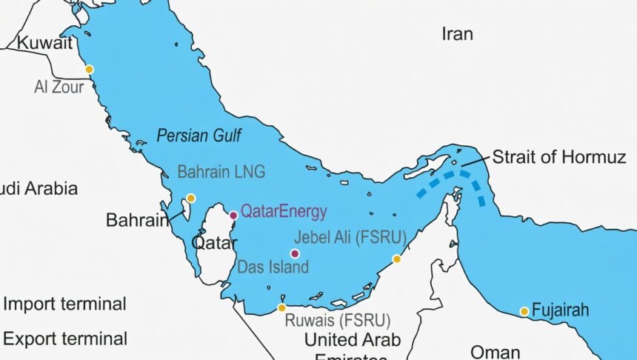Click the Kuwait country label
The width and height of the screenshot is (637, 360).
tap(45, 43)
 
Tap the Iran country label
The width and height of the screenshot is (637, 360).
tap(457, 33)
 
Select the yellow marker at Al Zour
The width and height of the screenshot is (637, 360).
tap(89, 70)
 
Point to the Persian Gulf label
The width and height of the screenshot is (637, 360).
tap(199, 135)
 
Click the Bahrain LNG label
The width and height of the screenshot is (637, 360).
tap(221, 172)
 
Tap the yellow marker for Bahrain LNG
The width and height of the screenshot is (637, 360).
tap(190, 198)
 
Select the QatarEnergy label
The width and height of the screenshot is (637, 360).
tap(284, 212)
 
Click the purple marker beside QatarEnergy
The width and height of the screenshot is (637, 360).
tap(233, 215)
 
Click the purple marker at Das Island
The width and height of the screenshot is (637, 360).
tap(295, 253)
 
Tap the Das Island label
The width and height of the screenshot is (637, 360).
tap(273, 267)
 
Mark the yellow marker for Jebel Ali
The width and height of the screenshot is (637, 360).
tap(397, 259)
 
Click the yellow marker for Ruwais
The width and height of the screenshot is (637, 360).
tap(281, 307)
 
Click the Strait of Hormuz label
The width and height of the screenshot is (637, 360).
tap(559, 157)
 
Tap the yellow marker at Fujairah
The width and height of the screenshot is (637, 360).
tap(524, 311)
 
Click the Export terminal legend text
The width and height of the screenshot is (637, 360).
tap(65, 339)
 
